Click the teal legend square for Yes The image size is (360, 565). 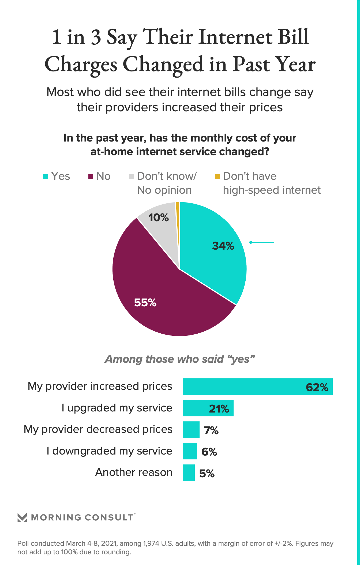(46, 177)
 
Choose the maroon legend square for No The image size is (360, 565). (91, 177)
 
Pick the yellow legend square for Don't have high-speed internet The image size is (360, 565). (217, 177)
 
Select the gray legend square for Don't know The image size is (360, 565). (131, 177)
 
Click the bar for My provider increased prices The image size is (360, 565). (241, 387)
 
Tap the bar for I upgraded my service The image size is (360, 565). (198, 408)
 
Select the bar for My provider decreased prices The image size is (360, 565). (191, 430)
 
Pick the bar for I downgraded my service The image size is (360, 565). (190, 451)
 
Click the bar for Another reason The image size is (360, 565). (189, 473)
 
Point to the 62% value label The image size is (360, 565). (317, 387)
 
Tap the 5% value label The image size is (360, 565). (207, 474)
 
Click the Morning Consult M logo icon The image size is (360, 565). (22, 518)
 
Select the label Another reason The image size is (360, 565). (134, 472)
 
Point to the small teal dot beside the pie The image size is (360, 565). (251, 242)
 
